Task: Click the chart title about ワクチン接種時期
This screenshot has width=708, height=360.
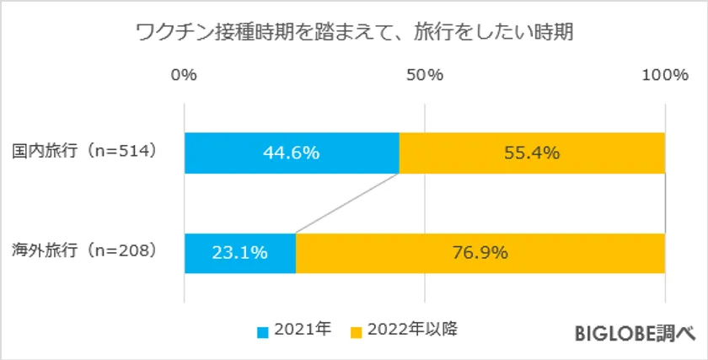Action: click(x=354, y=34)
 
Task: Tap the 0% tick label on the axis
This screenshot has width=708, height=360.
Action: click(x=184, y=75)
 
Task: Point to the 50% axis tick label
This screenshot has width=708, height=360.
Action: click(x=425, y=75)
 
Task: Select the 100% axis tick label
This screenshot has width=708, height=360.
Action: click(x=665, y=75)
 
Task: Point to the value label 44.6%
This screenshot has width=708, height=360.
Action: click(x=292, y=153)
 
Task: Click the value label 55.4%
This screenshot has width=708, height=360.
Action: click(x=533, y=153)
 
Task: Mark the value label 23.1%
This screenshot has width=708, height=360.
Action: click(x=240, y=251)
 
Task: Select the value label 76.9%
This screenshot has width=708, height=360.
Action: click(x=480, y=251)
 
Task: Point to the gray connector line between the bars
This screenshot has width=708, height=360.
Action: click(x=347, y=202)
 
